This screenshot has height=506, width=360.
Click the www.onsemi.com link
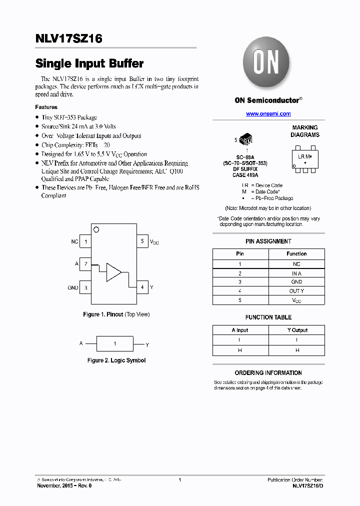point(268,114)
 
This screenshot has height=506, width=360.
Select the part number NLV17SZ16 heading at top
point(69,39)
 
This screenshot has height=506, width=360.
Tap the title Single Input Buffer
point(89,63)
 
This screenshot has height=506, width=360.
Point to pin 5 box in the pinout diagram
point(142,241)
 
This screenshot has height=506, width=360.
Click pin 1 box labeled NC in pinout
point(85,241)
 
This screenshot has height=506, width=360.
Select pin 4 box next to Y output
point(142,287)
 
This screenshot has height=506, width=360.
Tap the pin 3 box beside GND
point(85,287)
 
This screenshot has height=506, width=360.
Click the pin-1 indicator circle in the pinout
point(96,229)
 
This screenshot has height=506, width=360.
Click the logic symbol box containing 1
point(114,344)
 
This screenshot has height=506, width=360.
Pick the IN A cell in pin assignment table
point(296,273)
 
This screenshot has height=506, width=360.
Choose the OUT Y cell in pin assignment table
point(296,291)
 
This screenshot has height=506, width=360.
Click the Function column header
point(296,253)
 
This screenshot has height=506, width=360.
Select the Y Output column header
point(297,330)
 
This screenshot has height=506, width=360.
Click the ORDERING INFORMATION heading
point(268,373)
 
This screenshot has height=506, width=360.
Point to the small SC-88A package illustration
point(246,138)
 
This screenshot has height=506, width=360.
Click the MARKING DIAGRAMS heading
point(305,131)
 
